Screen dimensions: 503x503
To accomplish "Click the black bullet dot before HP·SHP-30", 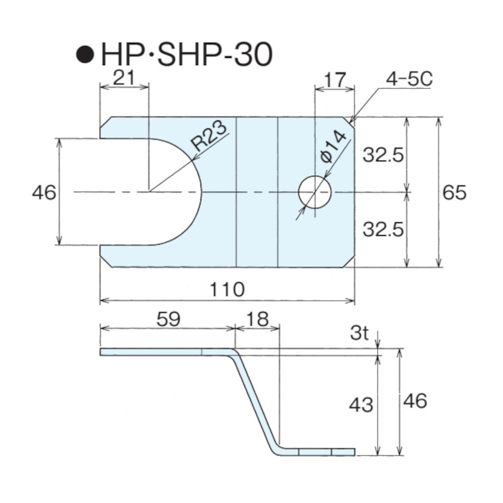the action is click(85, 54).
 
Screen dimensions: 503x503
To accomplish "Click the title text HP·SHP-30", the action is click(187, 54).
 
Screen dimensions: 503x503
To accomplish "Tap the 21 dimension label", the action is click(124, 77).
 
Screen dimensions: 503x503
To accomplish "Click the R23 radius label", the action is click(209, 136).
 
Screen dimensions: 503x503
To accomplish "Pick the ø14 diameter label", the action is click(333, 146).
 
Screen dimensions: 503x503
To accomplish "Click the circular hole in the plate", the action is click(315, 192).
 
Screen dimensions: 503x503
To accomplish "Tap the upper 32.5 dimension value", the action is click(383, 155).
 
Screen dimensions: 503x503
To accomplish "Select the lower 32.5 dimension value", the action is click(383, 229).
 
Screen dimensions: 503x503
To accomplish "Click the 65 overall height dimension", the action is click(454, 193).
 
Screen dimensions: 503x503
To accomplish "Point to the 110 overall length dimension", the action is click(227, 289).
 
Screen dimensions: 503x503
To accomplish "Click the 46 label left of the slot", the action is click(44, 193).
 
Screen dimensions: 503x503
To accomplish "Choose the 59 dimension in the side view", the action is click(169, 319).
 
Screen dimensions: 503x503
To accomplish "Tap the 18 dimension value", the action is click(258, 319).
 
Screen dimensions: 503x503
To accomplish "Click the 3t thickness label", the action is click(359, 333).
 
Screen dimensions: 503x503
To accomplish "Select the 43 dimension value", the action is click(361, 404).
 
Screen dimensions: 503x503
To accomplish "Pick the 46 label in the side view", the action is click(415, 401).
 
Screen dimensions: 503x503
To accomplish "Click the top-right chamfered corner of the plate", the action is click(349, 123).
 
